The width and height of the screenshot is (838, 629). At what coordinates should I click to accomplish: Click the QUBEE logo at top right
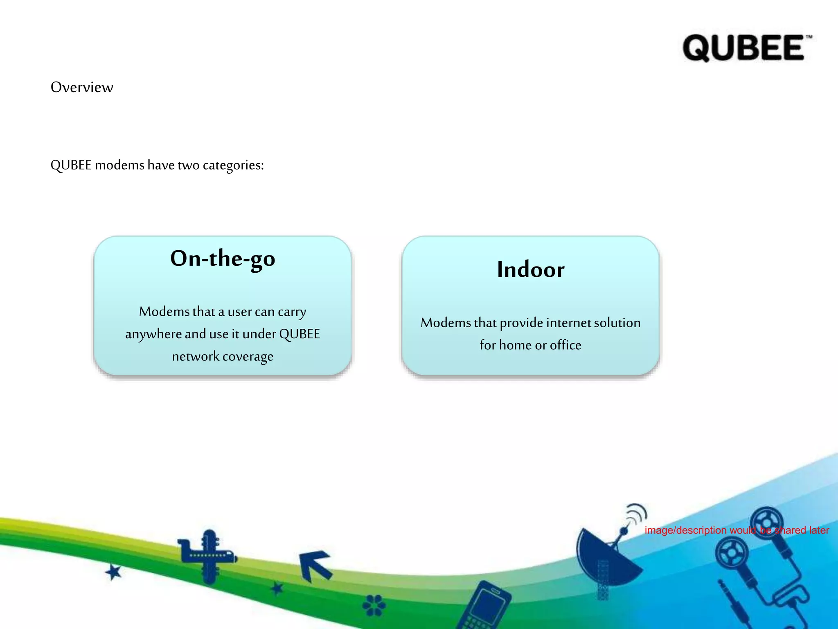(744, 48)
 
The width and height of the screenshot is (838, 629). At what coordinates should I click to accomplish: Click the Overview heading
(82, 87)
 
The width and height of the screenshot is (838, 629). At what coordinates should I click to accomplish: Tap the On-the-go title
(223, 259)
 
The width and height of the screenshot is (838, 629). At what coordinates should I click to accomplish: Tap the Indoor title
(530, 270)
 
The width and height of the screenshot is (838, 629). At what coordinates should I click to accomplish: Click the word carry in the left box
(292, 312)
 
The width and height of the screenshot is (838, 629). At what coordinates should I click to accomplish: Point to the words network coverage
(223, 357)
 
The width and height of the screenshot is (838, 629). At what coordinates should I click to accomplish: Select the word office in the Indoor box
(565, 345)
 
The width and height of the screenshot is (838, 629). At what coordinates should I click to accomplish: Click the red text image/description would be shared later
(737, 530)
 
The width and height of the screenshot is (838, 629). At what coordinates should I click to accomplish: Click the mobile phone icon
(485, 606)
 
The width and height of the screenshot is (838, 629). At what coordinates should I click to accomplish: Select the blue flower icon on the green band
(374, 605)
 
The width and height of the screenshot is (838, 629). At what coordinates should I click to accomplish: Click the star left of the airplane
(113, 572)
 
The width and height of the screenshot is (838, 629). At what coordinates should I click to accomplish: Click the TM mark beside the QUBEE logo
(809, 37)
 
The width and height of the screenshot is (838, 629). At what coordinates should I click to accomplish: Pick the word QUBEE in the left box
(300, 334)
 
